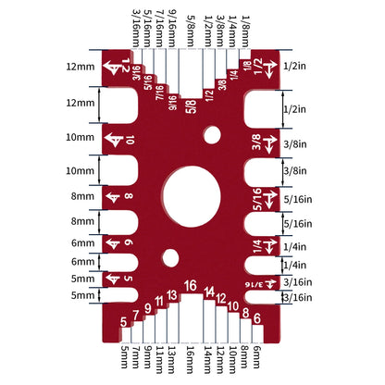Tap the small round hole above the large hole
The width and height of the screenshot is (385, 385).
[213, 137]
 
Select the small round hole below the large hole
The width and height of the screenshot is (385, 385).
[169, 257]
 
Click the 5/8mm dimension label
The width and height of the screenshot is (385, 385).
[191, 29]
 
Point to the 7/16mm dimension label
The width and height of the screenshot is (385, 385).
[161, 27]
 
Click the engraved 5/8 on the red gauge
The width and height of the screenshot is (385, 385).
[191, 105]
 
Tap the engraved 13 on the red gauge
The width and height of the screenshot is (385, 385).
[172, 296]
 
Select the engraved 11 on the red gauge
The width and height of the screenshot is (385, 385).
[160, 302]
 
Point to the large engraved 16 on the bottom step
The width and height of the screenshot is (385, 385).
[191, 286]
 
